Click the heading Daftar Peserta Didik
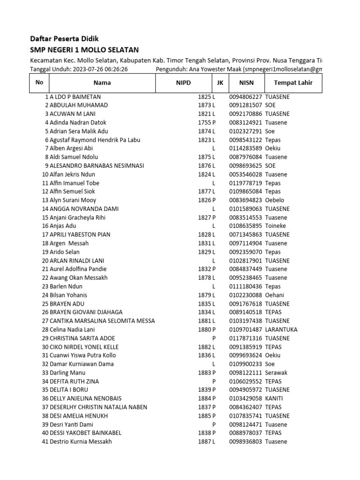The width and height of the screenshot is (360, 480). click(x=64, y=38)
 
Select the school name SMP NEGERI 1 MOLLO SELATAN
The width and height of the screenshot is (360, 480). click(x=84, y=50)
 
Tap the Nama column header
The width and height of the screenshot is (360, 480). click(x=102, y=83)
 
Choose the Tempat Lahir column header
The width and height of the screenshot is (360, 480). click(x=293, y=83)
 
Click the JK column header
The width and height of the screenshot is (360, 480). click(x=220, y=83)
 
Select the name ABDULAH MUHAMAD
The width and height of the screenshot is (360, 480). click(x=79, y=105)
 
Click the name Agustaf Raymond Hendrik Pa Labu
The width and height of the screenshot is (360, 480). click(x=95, y=140)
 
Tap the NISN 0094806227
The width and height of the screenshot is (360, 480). click(x=246, y=97)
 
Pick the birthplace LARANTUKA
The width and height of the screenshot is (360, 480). click(x=281, y=330)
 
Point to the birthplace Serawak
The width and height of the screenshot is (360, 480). click(x=276, y=373)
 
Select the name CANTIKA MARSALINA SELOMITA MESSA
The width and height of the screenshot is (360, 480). click(x=102, y=321)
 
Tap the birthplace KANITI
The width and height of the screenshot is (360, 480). click(x=274, y=398)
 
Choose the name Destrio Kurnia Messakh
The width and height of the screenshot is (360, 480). click(x=81, y=442)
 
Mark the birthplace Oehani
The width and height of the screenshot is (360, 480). click(x=275, y=295)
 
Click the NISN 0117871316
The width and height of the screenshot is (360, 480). click(x=246, y=338)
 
